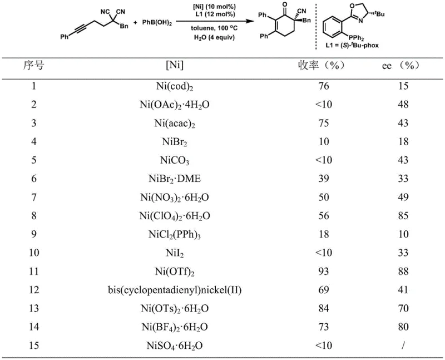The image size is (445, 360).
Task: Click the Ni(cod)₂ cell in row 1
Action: pos(175,86)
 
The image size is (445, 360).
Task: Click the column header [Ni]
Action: pos(175,66)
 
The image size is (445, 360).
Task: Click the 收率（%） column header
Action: pos(321,66)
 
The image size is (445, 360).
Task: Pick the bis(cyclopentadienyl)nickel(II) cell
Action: pos(175,290)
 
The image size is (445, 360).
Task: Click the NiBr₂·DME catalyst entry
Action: pos(175,179)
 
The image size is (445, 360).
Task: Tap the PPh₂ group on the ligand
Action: pos(353,35)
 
